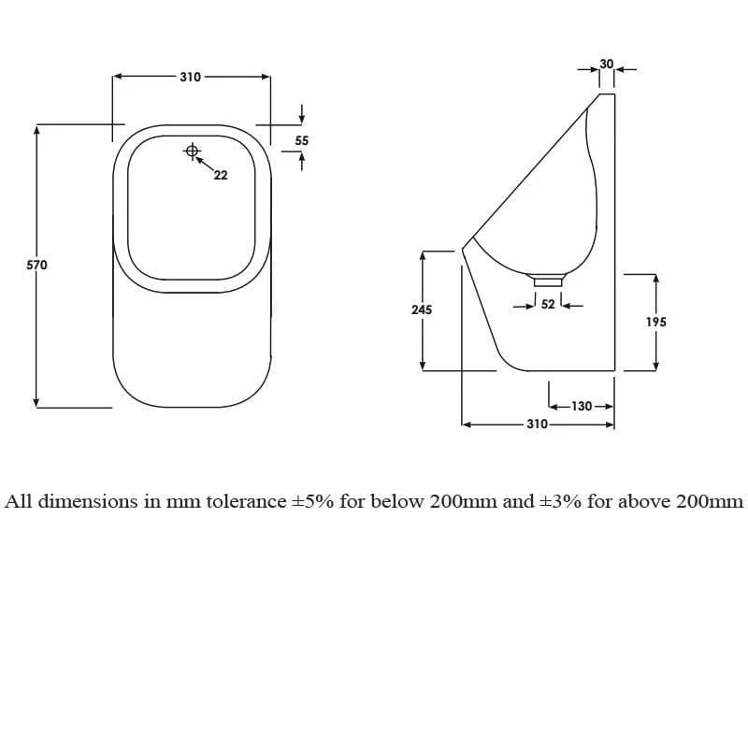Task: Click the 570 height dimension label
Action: [36, 265]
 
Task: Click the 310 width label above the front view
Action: [191, 77]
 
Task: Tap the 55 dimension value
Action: [301, 140]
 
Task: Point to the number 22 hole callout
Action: [221, 175]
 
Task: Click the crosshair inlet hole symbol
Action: [193, 151]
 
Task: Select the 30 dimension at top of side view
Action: [606, 64]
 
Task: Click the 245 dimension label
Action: [422, 309]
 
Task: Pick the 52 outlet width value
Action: [548, 304]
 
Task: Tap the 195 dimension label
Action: [656, 322]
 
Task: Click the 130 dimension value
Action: [582, 406]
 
